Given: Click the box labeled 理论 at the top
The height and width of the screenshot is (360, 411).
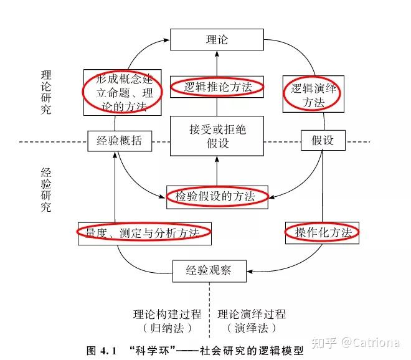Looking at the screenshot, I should point(217,40).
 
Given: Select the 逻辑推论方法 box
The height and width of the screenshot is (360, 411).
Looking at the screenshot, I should point(217,87).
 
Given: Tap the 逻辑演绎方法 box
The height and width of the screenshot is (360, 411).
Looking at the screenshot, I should point(313,95).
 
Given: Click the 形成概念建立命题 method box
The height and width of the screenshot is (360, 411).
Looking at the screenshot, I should point(123,92).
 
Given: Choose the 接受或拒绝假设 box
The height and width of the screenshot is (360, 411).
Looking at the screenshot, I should point(217,136).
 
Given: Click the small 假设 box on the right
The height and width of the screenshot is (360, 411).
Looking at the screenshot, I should point(322,141).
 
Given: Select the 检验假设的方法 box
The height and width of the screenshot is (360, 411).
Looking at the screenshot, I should point(217,196).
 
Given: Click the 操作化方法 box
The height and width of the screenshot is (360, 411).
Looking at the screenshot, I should point(323,233).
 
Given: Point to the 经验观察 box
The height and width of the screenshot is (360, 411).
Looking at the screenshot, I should point(209,270).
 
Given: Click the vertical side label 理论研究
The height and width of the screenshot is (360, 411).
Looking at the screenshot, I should point(46,92).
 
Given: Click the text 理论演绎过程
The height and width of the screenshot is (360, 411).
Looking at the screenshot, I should point(252,315).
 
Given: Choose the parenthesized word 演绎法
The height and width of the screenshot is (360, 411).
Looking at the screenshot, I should point(252,328).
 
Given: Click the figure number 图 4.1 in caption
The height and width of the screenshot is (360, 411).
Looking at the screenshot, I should point(102,351).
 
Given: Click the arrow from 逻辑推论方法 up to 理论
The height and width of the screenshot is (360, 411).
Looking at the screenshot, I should point(217,63).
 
